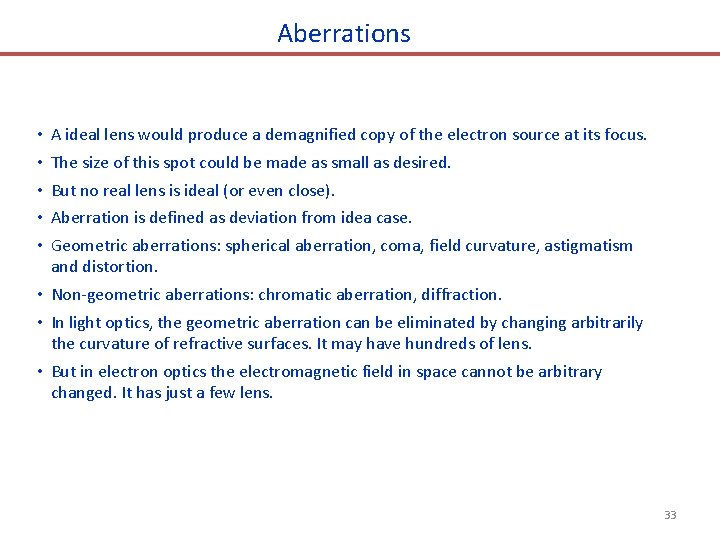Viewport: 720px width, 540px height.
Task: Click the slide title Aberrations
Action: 344,33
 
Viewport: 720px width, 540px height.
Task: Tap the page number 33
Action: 670,515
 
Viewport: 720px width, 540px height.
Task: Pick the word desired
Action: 423,162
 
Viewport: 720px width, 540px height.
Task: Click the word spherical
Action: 260,245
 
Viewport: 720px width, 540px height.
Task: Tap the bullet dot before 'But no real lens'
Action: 36,190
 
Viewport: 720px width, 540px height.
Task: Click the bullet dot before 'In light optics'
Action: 36,323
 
